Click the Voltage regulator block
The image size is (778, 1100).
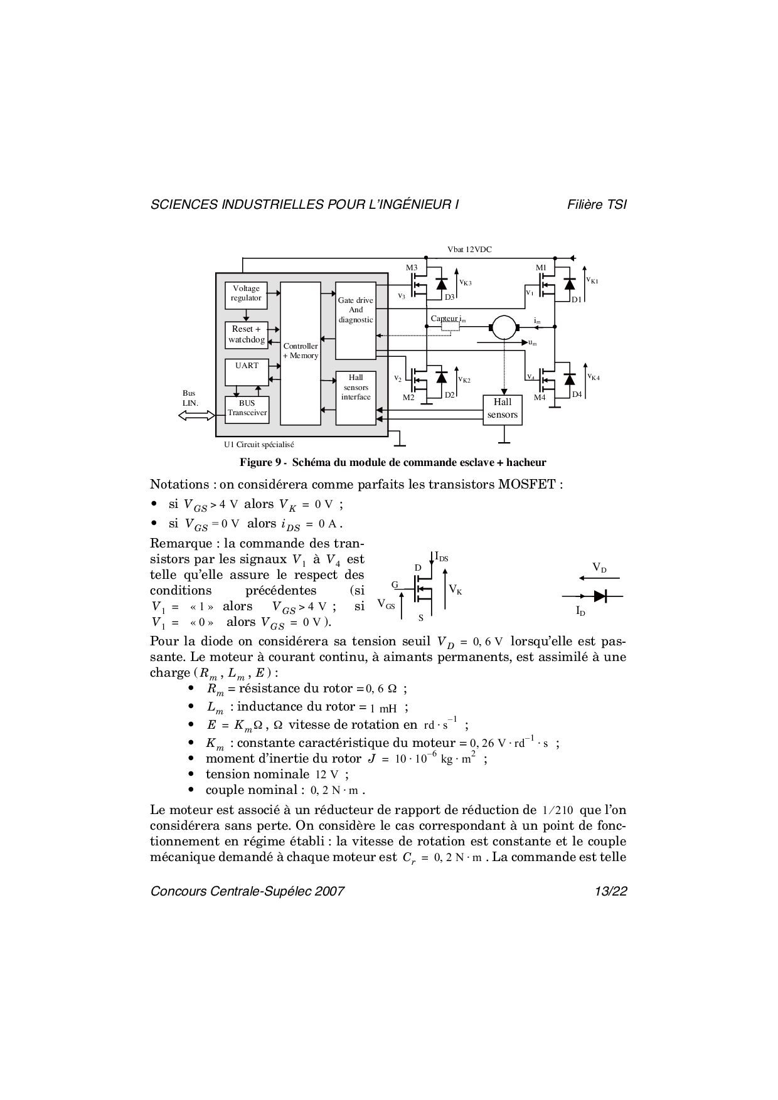[246, 295]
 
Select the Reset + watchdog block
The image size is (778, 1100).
[246, 335]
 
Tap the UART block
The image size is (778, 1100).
[246, 369]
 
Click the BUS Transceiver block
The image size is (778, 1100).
[247, 410]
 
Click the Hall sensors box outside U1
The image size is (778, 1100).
[503, 410]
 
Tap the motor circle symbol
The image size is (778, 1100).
[502, 326]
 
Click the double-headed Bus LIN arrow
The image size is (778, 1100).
[197, 415]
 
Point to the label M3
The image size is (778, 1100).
[412, 268]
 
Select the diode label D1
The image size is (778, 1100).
[576, 300]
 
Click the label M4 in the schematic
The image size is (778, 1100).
[540, 397]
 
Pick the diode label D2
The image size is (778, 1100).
[449, 395]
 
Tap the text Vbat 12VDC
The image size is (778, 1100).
[469, 249]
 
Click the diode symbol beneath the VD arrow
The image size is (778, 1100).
[600, 596]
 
